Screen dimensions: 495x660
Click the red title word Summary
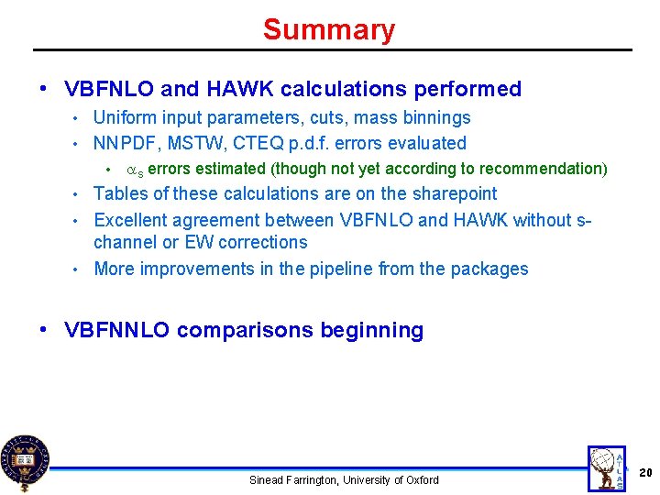click(328, 29)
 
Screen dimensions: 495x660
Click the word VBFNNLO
click(117, 331)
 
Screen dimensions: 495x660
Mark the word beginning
click(372, 331)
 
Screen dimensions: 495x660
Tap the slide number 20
click(644, 472)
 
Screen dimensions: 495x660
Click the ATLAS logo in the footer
click(606, 467)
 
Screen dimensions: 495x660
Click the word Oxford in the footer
click(421, 480)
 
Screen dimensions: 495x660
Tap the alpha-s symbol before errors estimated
click(134, 170)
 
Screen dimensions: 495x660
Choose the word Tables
click(120, 193)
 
